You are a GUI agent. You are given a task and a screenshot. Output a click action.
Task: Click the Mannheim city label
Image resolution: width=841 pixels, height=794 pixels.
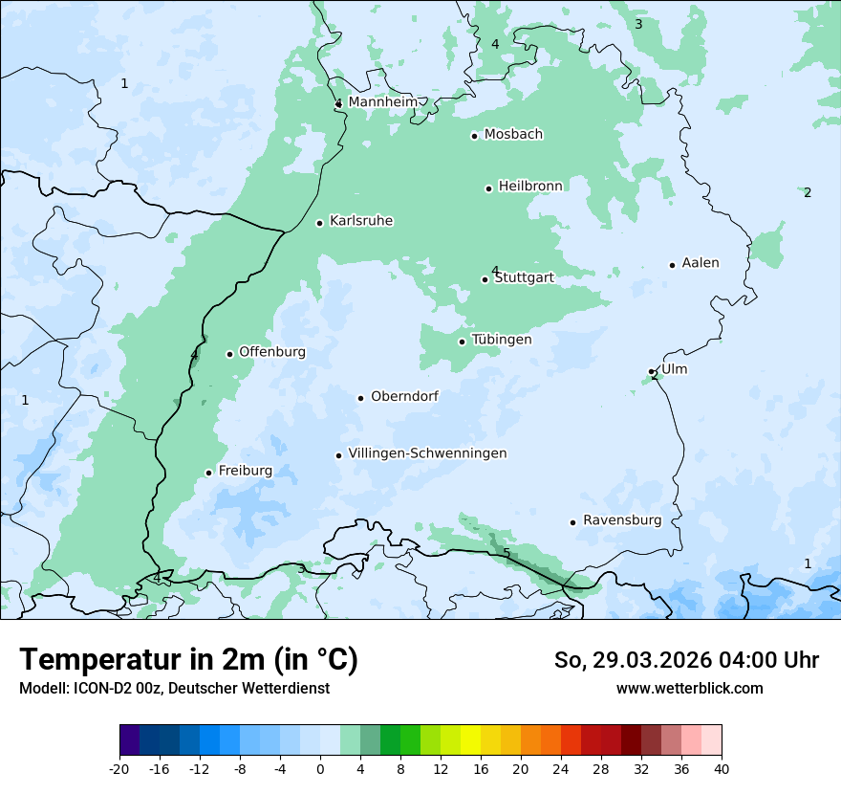[382, 102]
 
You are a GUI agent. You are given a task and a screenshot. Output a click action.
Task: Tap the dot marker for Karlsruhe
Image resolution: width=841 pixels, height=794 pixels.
[320, 223]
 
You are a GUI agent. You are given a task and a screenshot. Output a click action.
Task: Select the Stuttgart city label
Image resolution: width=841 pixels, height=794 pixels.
[524, 278]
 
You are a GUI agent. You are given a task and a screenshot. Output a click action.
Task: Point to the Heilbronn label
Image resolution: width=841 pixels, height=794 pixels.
[530, 187]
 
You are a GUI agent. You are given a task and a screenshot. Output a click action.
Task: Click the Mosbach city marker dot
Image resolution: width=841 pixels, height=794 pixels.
[474, 136]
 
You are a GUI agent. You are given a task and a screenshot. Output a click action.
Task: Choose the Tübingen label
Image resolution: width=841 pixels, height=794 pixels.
[502, 340]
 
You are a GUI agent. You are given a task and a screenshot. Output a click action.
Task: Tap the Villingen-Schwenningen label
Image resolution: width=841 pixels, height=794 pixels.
[427, 453]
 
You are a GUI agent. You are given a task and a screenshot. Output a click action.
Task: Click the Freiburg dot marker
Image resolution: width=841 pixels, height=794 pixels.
[208, 473]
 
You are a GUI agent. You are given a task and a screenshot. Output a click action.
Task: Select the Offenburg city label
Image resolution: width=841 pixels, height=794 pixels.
[272, 352]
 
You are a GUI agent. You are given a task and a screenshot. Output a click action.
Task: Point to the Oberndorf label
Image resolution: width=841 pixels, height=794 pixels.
[404, 396]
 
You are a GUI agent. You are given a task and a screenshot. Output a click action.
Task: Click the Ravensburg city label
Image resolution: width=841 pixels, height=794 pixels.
[622, 520]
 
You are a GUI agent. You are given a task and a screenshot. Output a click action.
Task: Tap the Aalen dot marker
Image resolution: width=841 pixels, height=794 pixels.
[672, 265]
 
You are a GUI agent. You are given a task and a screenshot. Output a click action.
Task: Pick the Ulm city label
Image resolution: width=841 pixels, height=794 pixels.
[674, 369]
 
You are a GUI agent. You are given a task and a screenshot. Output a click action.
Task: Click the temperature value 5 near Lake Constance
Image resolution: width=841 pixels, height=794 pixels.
[507, 553]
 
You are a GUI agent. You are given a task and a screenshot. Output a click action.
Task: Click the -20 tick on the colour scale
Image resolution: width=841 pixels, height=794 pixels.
[119, 768]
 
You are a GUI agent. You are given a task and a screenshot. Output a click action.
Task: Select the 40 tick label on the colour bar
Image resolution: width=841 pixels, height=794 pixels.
[722, 768]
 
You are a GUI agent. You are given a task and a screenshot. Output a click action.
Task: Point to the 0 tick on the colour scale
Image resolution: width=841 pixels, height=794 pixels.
[320, 768]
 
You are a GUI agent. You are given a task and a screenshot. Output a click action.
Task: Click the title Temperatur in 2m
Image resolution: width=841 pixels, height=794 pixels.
[188, 660]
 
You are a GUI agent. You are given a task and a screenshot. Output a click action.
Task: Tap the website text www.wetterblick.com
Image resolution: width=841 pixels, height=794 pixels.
[689, 689]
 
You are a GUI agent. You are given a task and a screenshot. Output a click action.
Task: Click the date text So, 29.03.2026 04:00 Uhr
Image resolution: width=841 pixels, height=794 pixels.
[686, 660]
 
